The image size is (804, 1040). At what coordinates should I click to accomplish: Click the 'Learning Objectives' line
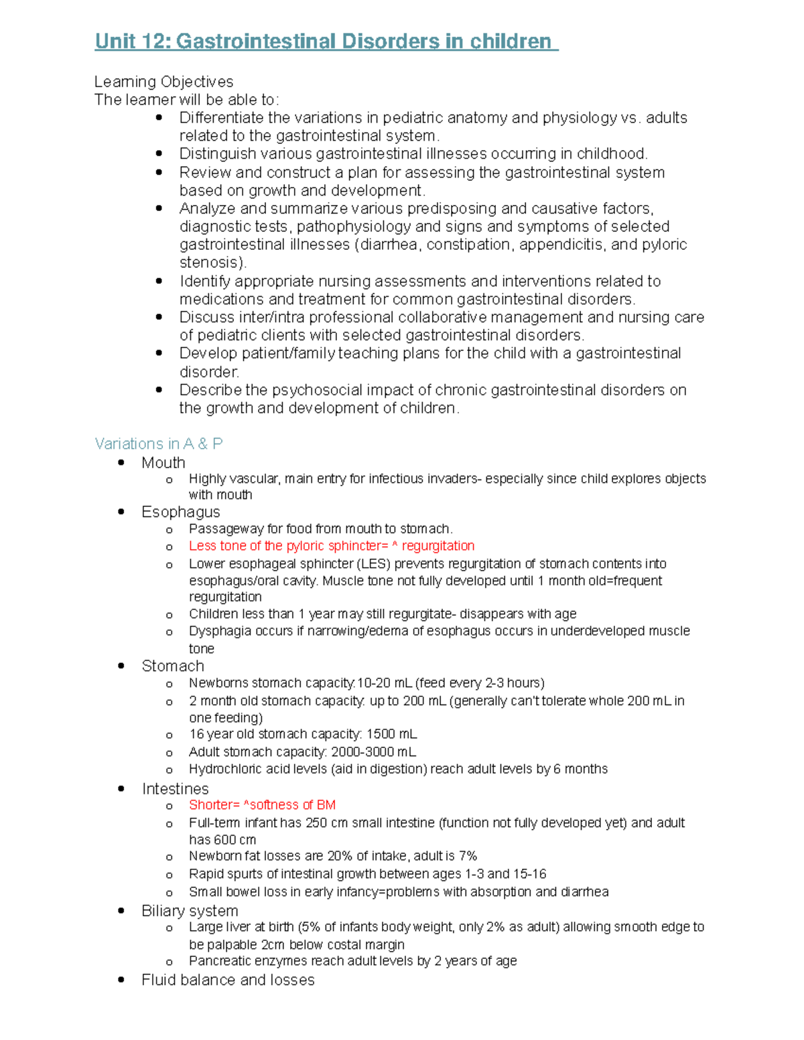[x=163, y=82]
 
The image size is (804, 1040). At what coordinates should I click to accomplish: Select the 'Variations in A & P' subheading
[x=159, y=443]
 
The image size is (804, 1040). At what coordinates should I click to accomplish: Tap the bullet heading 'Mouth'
[x=163, y=463]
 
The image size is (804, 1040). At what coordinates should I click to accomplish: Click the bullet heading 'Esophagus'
[x=180, y=512]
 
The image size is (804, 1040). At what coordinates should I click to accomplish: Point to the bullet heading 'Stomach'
[x=172, y=666]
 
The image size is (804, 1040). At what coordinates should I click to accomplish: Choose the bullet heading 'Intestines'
[x=175, y=788]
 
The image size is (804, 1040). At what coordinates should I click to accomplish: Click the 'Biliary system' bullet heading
[x=190, y=911]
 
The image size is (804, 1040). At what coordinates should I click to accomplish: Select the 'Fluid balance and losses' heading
[x=228, y=980]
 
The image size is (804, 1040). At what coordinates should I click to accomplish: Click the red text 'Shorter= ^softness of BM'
[x=262, y=805]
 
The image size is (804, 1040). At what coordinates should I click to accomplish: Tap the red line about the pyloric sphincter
[x=331, y=546]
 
